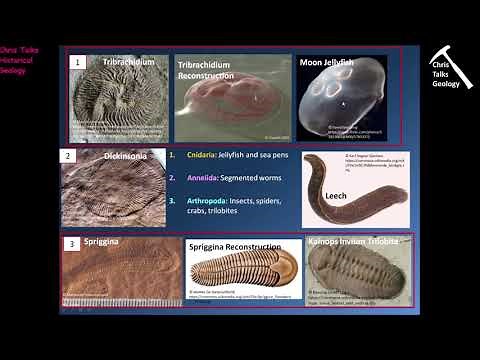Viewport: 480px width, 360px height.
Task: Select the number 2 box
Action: coord(68,156)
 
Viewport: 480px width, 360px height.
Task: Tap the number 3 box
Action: coord(72,243)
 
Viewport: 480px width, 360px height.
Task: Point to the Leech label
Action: coord(335,197)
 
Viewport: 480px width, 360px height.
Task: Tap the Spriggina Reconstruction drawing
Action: coord(243,270)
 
